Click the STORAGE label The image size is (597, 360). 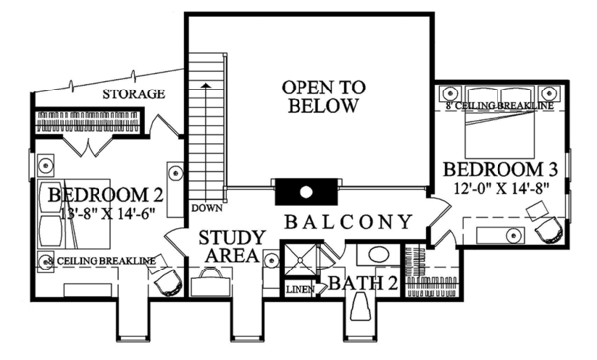point(132,94)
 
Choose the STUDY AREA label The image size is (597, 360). point(231,247)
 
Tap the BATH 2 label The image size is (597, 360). point(364,285)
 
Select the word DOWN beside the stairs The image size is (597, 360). point(206,208)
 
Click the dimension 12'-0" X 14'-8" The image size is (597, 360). point(495,186)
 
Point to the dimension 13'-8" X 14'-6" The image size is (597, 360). point(97,212)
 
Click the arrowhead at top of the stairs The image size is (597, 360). point(206,87)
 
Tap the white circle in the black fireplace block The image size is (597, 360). point(306,191)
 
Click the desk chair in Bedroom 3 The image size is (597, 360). point(546,228)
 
